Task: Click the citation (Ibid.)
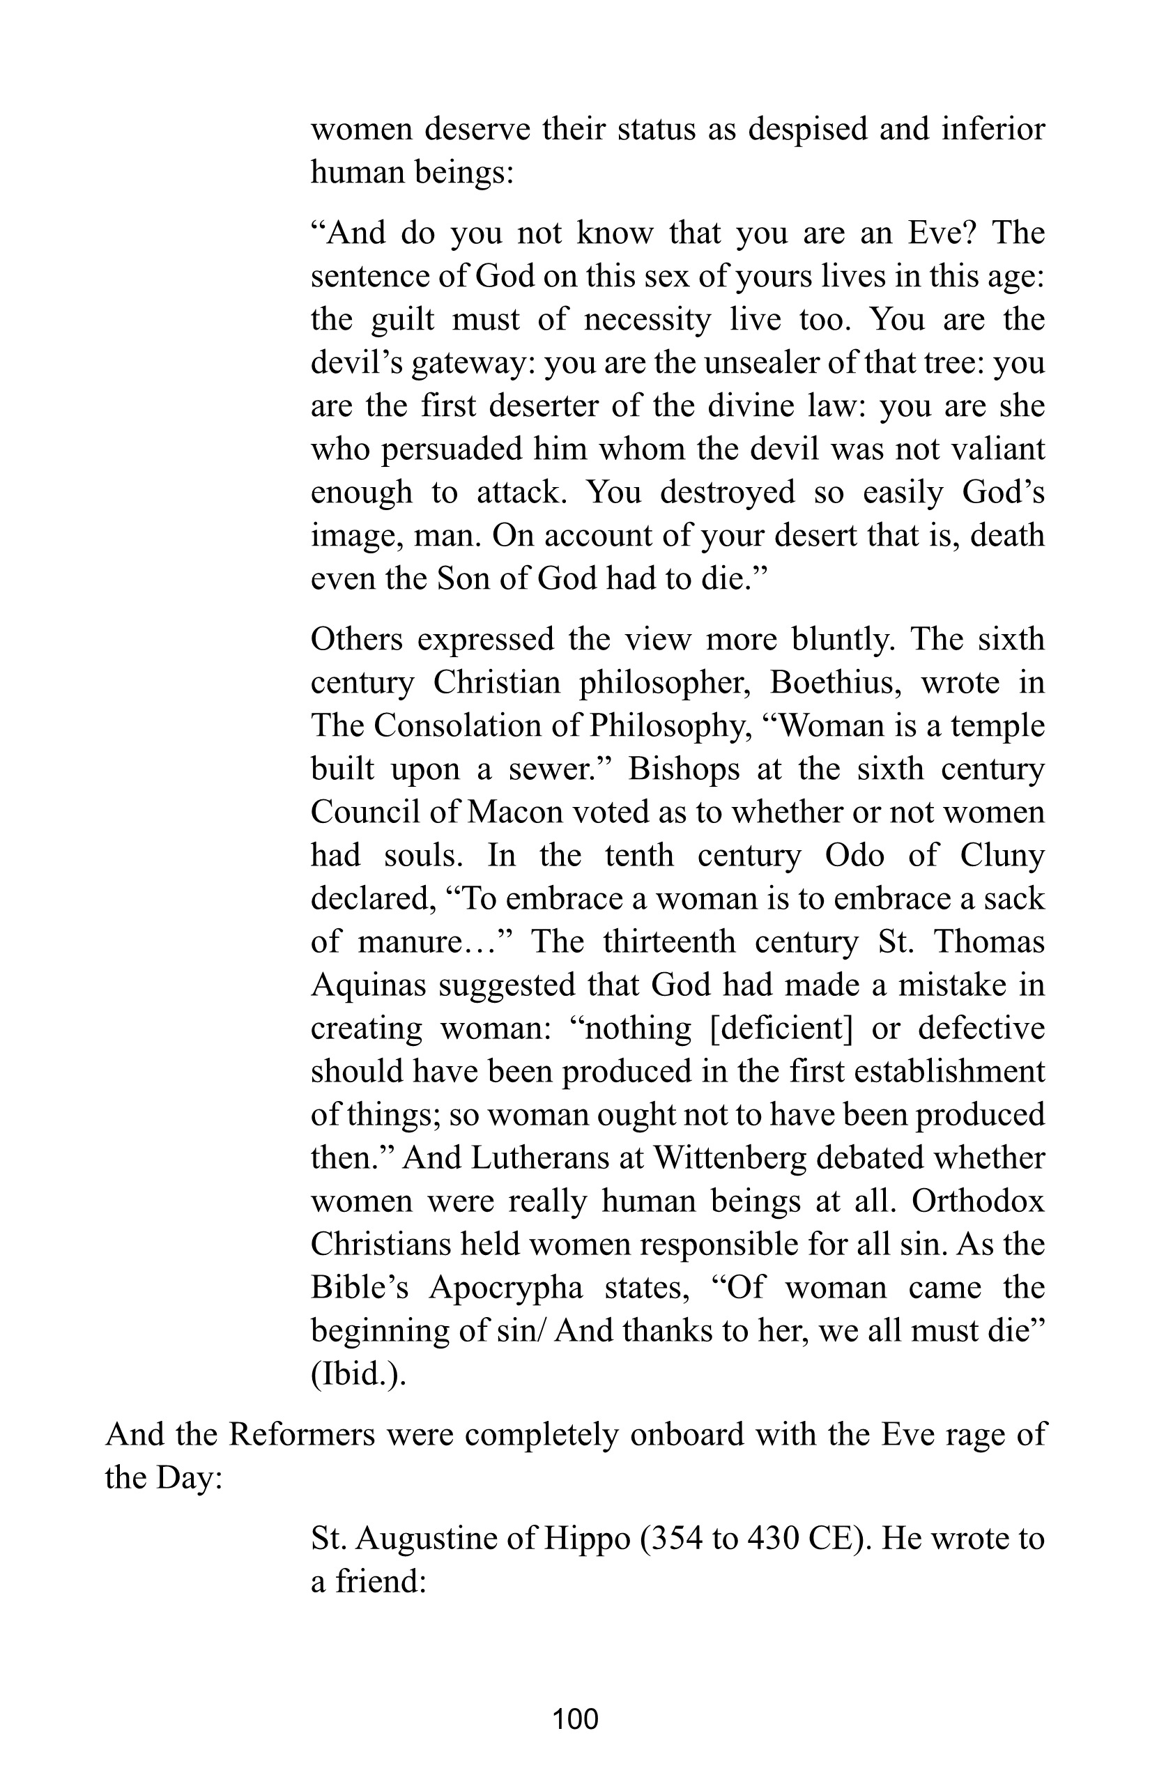pyautogui.click(x=358, y=1374)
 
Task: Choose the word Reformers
pyautogui.click(x=302, y=1434)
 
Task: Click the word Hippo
pyautogui.click(x=588, y=1539)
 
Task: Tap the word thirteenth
pyautogui.click(x=669, y=942)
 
